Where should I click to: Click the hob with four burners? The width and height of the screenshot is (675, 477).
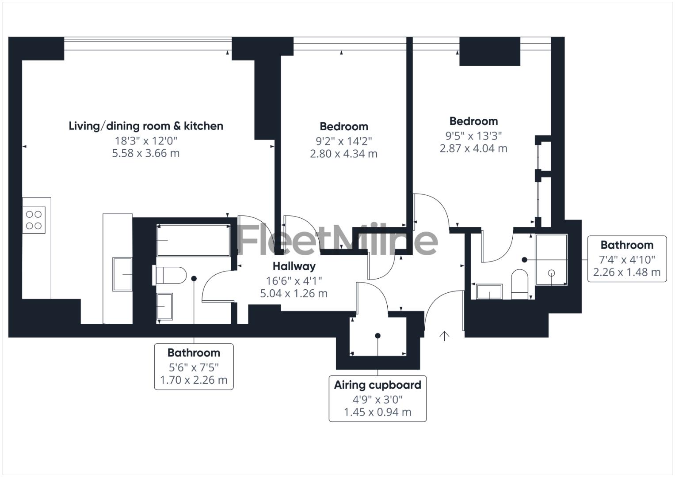click(34, 220)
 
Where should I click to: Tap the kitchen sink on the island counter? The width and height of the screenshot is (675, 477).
click(122, 274)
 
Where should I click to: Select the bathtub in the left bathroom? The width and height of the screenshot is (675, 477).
click(193, 240)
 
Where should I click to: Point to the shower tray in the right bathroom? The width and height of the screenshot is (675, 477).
click(551, 260)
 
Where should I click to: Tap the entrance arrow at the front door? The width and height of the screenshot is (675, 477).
click(444, 336)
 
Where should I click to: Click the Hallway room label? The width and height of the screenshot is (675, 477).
click(294, 266)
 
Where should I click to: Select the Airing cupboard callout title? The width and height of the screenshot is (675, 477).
click(378, 385)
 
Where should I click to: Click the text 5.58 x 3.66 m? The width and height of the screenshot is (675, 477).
click(146, 154)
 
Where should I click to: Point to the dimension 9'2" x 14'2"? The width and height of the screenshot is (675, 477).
click(343, 141)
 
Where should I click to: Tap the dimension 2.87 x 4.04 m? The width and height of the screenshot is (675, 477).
click(473, 148)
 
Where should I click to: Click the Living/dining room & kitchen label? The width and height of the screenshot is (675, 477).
click(146, 126)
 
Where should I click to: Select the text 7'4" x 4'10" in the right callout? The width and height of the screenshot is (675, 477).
click(627, 260)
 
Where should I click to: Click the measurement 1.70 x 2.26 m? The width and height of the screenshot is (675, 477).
click(194, 380)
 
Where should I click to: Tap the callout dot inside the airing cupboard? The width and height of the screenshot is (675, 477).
click(378, 336)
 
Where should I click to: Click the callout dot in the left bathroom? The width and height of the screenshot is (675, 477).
click(194, 278)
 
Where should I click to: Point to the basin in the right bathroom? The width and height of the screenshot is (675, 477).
click(489, 291)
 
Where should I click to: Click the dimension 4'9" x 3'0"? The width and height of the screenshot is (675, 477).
click(378, 400)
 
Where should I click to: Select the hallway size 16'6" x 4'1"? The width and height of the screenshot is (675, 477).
click(294, 280)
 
